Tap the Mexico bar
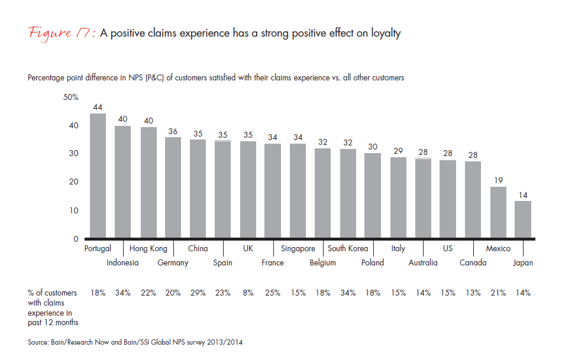(x=498, y=213)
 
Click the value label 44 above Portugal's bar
(x=98, y=107)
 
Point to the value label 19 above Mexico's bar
(x=498, y=180)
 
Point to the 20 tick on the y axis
(x=74, y=182)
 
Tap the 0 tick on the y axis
(x=76, y=239)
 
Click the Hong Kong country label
(x=148, y=249)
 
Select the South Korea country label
(x=348, y=249)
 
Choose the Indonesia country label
(x=122, y=263)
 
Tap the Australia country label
(x=423, y=263)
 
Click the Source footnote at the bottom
(x=135, y=342)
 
